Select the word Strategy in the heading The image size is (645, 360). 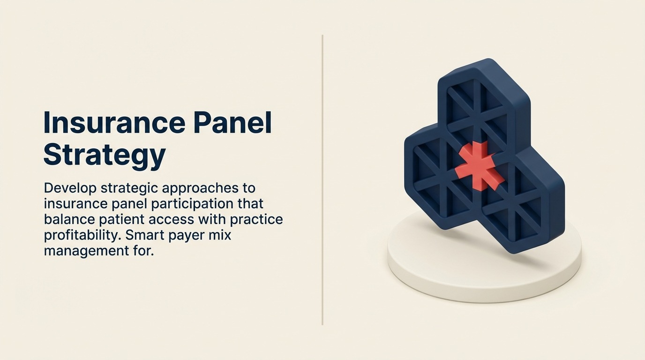coord(105,155)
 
